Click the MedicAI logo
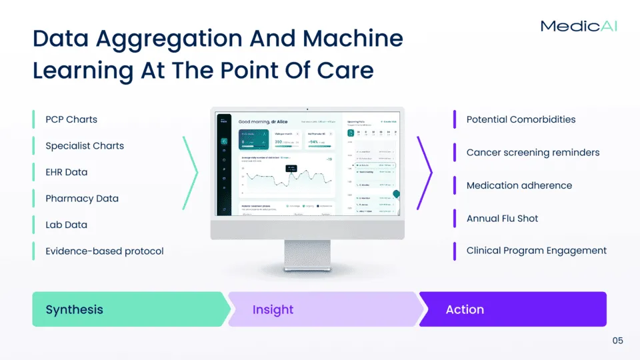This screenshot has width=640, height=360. pyautogui.click(x=578, y=26)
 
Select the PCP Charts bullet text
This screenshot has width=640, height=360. pyautogui.click(x=71, y=120)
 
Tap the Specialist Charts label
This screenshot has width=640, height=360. pyautogui.click(x=85, y=146)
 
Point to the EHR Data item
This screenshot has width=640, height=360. pyautogui.click(x=67, y=172)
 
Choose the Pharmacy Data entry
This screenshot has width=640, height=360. pyautogui.click(x=82, y=199)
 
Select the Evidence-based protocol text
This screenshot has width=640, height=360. pyautogui.click(x=105, y=251)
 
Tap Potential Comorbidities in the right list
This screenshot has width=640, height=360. pyautogui.click(x=521, y=120)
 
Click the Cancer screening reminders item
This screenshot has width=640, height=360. pyautogui.click(x=533, y=153)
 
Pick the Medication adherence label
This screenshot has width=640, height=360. pyautogui.click(x=519, y=185)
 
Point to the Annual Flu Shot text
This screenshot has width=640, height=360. pyautogui.click(x=502, y=218)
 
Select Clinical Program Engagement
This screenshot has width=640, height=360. pyautogui.click(x=537, y=251)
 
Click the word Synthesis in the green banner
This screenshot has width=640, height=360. pyautogui.click(x=75, y=309)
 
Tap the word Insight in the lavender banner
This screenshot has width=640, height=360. pyautogui.click(x=273, y=309)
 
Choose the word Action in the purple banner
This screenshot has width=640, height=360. pyautogui.click(x=465, y=309)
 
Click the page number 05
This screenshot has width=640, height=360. pyautogui.click(x=617, y=341)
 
